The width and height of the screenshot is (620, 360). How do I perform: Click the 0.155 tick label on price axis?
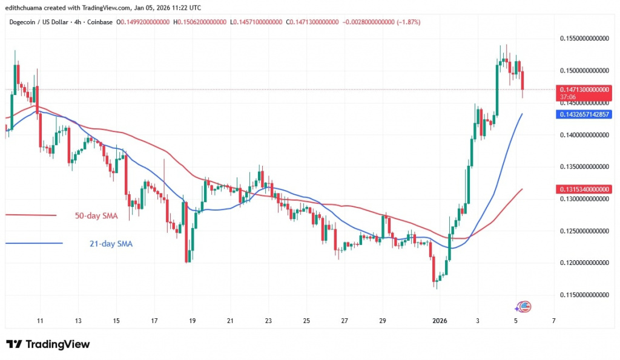tap(584, 38)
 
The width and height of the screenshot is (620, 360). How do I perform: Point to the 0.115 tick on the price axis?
tap(584, 295)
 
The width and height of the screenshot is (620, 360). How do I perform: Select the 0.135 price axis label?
tap(584, 166)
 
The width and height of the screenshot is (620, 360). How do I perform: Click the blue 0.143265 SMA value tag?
tap(584, 114)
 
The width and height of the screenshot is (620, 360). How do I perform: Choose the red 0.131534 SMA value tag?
tap(584, 189)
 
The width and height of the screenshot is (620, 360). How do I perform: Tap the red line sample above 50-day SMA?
tap(30, 215)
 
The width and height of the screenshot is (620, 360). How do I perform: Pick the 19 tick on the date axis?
tap(193, 321)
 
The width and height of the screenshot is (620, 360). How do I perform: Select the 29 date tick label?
tap(383, 321)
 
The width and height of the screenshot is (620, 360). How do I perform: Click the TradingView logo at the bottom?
tap(48, 344)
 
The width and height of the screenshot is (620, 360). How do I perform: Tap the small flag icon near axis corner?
tap(525, 306)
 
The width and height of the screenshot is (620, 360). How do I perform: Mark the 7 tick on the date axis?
tap(554, 321)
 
